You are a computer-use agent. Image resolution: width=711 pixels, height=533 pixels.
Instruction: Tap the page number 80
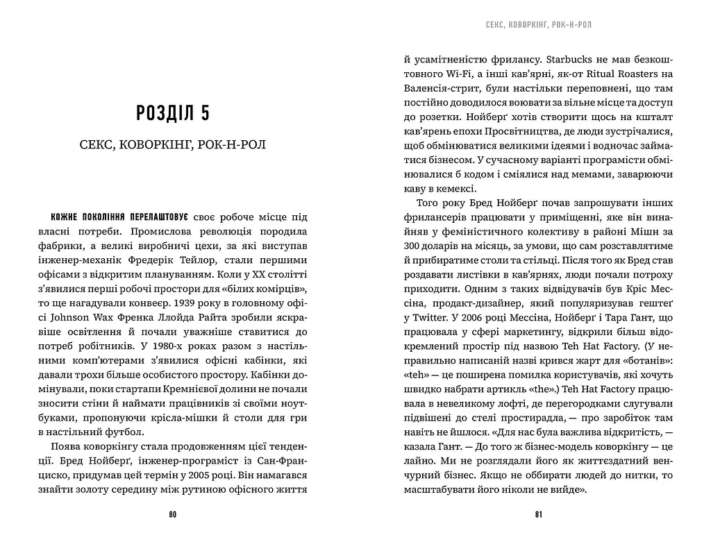[x=173, y=514]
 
